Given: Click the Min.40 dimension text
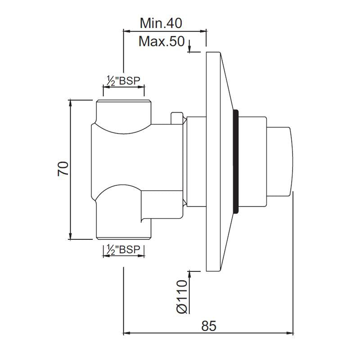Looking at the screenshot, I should point(161,22).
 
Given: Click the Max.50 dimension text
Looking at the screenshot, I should point(161,42).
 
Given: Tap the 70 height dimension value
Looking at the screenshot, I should point(63,169).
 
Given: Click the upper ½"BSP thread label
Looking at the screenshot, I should point(123,81).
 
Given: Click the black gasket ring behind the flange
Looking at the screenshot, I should point(234,162).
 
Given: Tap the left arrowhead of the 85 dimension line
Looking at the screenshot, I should point(126,333).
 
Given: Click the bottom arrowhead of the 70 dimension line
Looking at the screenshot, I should point(71,237).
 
